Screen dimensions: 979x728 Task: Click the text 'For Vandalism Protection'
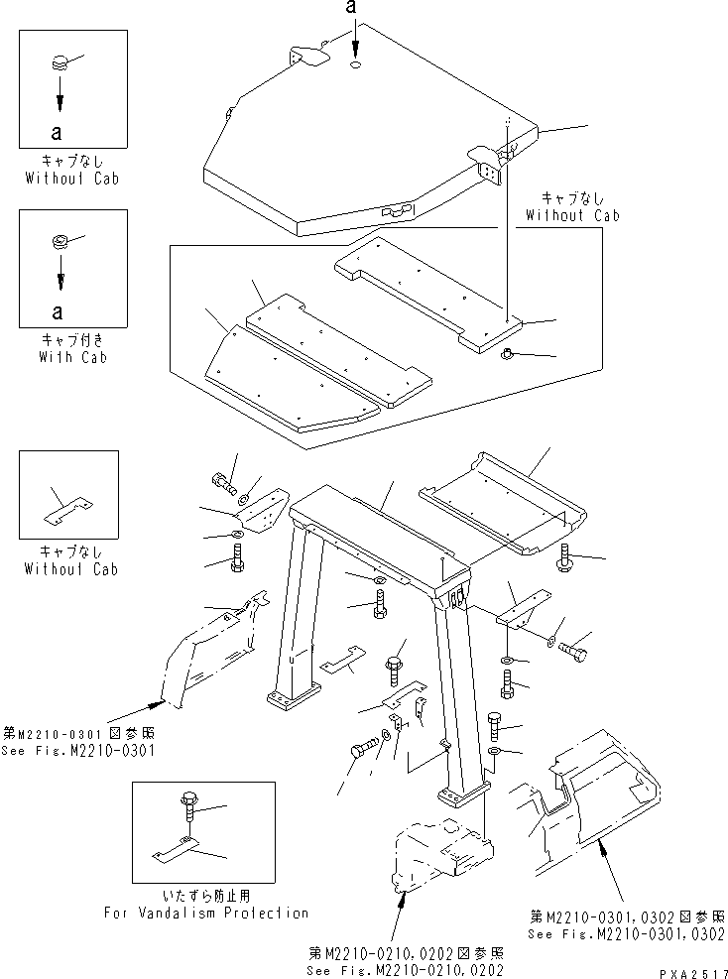pyautogui.click(x=206, y=913)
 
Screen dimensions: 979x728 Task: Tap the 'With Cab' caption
pyautogui.click(x=72, y=357)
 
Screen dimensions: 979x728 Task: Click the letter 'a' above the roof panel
pyautogui.click(x=351, y=9)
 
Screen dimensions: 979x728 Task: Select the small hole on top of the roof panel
pyautogui.click(x=356, y=66)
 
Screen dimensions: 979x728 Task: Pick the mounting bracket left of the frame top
pyautogui.click(x=264, y=510)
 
